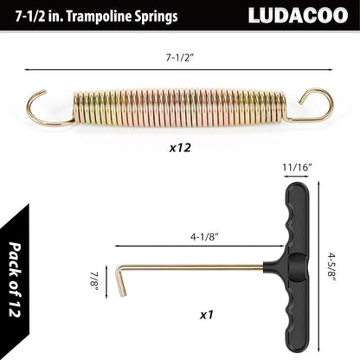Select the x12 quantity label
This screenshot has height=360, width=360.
click(x=179, y=147)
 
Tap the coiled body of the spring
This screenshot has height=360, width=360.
click(x=177, y=108)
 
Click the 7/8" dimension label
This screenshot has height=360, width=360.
click(x=92, y=282)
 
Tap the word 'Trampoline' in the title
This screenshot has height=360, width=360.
click(x=97, y=16)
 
